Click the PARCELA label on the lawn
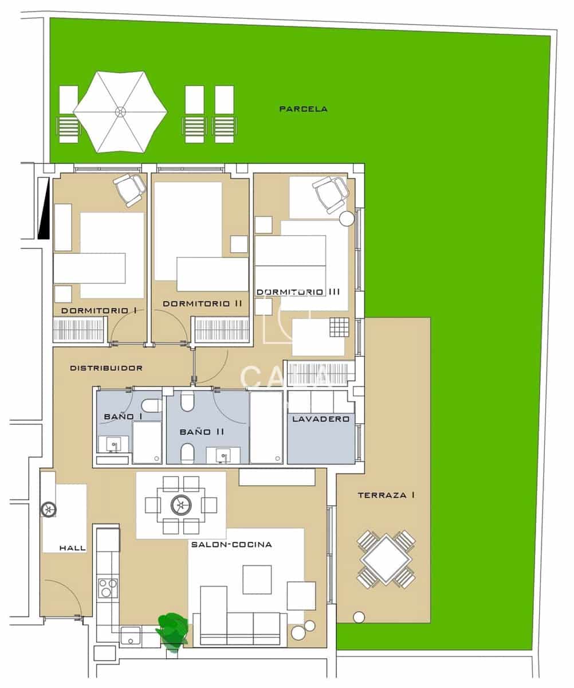[x=303, y=109]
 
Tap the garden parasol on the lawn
[x=120, y=112]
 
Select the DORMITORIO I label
[x=98, y=310]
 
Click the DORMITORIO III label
[x=298, y=292]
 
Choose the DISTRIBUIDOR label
[x=106, y=368]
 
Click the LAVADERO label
[x=321, y=419]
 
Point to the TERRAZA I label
[x=386, y=495]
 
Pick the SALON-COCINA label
[x=231, y=545]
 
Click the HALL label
[x=73, y=548]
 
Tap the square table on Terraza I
[x=386, y=559]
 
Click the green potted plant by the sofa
[x=172, y=630]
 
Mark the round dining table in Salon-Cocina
[x=181, y=505]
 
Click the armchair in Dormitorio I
[x=130, y=189]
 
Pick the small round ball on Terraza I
[x=359, y=617]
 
